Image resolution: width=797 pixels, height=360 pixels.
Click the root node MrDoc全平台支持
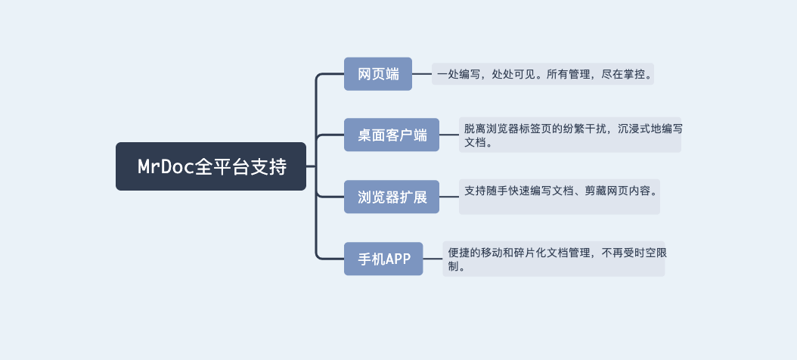point(211,166)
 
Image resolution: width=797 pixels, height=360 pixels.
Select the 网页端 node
point(378,74)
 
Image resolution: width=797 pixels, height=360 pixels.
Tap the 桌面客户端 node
point(392,135)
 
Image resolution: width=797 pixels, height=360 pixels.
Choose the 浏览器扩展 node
point(392,197)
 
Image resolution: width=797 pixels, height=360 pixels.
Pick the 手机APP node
point(383,259)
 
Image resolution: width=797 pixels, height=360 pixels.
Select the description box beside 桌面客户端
point(569,135)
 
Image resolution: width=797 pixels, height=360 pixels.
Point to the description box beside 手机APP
point(554,259)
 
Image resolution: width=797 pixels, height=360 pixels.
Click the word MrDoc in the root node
point(166,167)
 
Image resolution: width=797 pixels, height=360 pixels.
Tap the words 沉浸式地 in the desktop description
point(632,129)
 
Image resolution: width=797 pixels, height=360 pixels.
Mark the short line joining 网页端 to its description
point(422,74)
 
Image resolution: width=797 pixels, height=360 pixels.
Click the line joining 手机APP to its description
point(433,259)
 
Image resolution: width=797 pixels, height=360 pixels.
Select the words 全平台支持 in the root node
point(240,167)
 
